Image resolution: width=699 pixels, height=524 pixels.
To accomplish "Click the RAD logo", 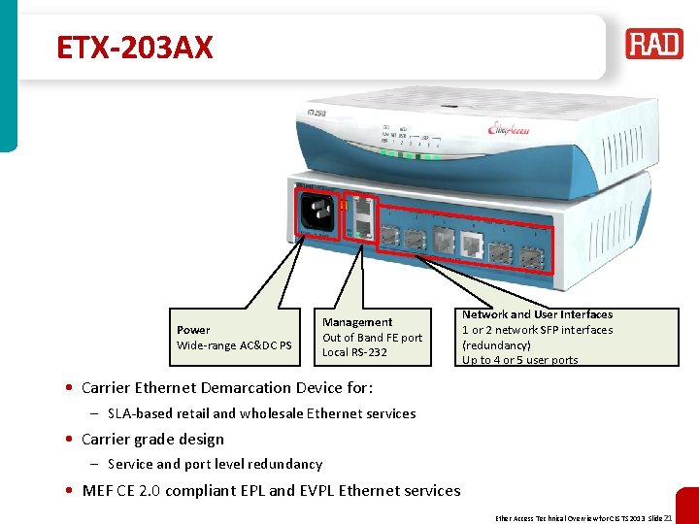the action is click(653, 45).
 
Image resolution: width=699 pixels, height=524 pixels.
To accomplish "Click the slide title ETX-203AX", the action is click(134, 47).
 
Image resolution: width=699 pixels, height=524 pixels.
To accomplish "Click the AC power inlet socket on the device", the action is click(317, 213).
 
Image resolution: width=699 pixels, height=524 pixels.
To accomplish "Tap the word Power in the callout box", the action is click(193, 330).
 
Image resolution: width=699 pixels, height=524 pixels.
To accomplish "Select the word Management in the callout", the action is click(357, 322).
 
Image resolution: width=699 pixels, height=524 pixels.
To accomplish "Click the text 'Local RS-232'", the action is click(354, 352).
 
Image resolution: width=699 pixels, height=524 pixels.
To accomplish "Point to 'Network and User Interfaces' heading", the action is click(537, 314).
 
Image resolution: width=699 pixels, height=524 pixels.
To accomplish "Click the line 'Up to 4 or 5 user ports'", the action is click(519, 360).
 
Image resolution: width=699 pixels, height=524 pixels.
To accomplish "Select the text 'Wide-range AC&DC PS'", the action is click(234, 345).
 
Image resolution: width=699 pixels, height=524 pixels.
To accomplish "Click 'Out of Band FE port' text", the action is click(373, 338).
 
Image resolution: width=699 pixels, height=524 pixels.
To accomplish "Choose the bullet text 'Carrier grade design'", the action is click(152, 439).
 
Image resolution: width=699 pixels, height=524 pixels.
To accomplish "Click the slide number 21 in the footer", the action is click(668, 517).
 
